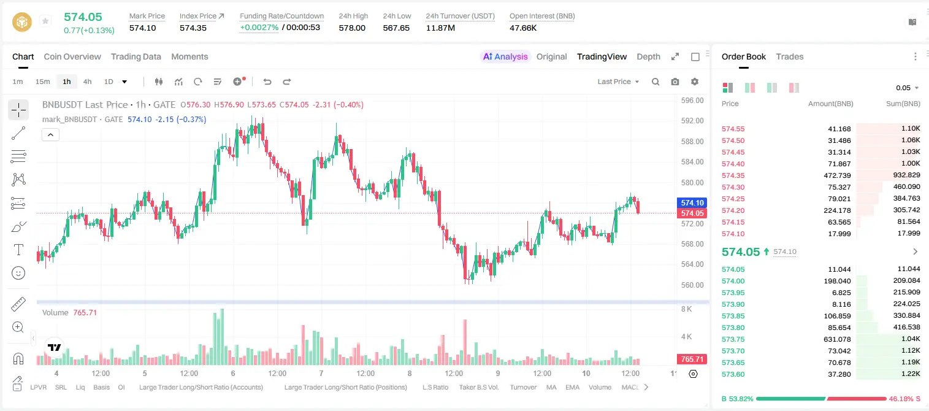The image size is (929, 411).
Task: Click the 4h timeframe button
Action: tap(87, 82)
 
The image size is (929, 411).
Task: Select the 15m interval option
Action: tap(42, 82)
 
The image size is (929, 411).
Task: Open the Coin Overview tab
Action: tap(72, 56)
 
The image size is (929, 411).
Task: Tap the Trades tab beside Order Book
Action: tap(790, 56)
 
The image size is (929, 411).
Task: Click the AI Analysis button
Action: tap(505, 56)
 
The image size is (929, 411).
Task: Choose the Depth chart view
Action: tap(648, 56)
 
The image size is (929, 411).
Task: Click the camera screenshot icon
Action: tap(675, 82)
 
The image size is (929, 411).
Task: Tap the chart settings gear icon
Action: tap(695, 82)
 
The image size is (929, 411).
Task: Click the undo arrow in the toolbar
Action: tap(267, 82)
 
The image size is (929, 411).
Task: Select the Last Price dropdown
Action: tap(618, 82)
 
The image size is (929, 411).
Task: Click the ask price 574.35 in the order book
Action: tap(733, 175)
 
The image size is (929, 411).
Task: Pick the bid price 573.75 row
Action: tap(733, 339)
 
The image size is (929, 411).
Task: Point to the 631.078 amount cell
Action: tap(837, 339)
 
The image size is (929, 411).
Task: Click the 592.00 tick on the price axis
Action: tap(692, 121)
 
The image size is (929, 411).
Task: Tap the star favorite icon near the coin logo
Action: tap(45, 21)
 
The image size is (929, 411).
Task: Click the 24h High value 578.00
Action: tap(352, 28)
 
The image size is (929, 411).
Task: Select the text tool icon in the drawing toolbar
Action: tap(18, 250)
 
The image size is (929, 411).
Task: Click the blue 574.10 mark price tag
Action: tap(692, 203)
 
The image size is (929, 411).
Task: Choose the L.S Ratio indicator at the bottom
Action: tap(435, 387)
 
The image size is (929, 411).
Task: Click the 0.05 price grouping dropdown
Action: tap(907, 88)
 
